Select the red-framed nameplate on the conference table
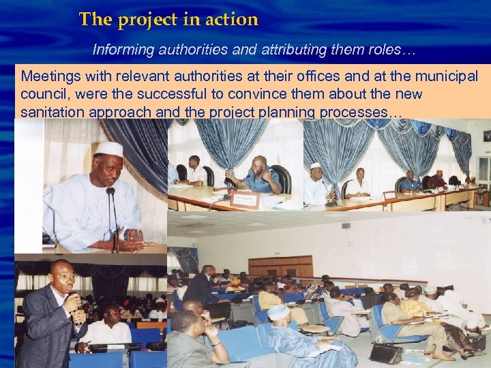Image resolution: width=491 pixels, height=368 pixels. click(245, 199)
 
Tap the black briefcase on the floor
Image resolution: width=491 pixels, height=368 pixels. click(386, 353)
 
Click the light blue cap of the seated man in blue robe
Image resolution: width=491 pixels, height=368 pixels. click(278, 311)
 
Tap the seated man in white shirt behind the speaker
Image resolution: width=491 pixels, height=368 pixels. click(108, 327)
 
